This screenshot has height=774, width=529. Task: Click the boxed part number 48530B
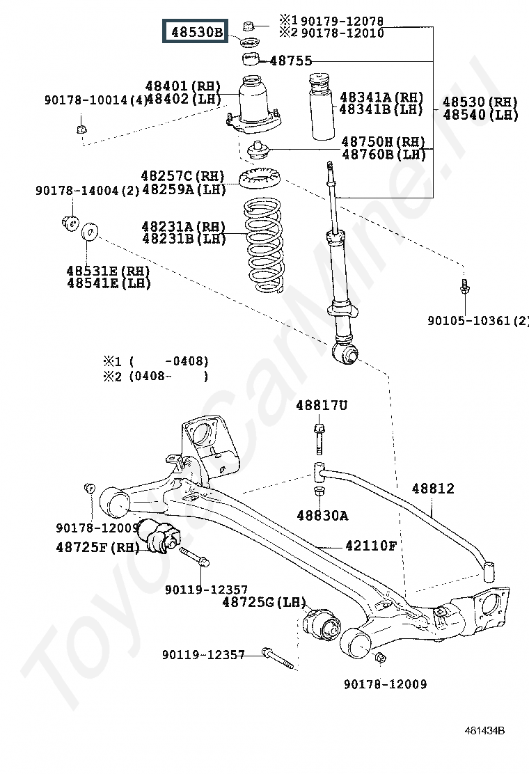[x=195, y=31]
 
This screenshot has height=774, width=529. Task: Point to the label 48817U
[x=321, y=405]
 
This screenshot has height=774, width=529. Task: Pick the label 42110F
[x=371, y=546]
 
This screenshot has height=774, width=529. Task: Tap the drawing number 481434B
[x=485, y=730]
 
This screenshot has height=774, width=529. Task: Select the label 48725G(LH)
[x=264, y=601]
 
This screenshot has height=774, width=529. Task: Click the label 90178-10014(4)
[x=96, y=100]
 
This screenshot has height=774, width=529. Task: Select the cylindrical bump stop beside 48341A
[x=320, y=113]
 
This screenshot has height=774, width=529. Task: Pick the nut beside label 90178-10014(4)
[x=81, y=129]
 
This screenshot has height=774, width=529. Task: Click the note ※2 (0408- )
[x=156, y=377]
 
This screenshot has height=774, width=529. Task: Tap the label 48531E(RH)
[x=109, y=270]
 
